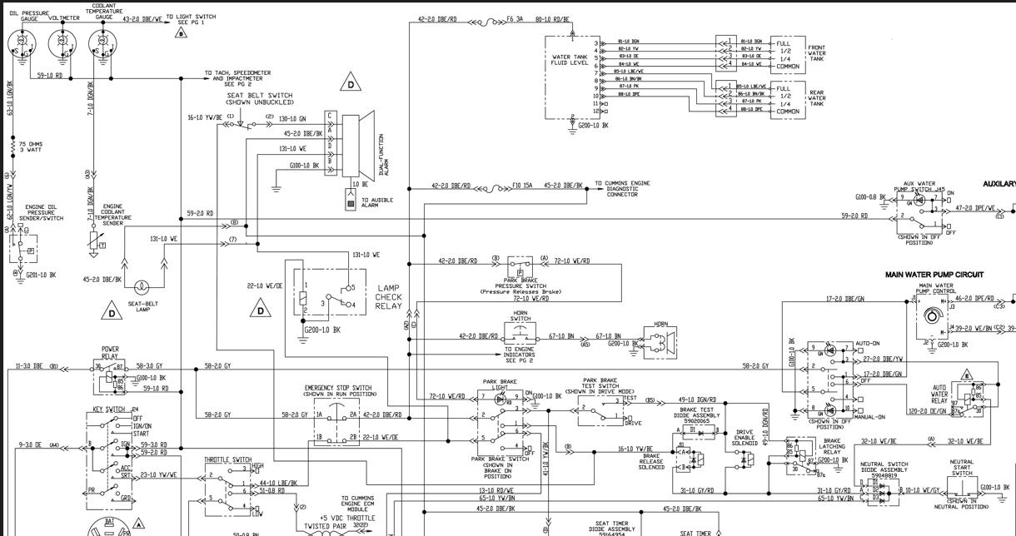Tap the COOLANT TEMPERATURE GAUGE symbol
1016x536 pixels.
pos(103,42)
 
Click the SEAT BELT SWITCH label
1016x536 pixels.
pos(260,99)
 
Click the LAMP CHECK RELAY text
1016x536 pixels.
pos(388,297)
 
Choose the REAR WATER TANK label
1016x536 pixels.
pos(816,98)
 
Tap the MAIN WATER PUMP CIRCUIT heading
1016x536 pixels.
pos(934,275)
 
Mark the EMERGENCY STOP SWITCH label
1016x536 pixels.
pos(338,390)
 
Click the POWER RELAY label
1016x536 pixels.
pos(110,352)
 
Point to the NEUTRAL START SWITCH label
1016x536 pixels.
pos(962,468)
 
